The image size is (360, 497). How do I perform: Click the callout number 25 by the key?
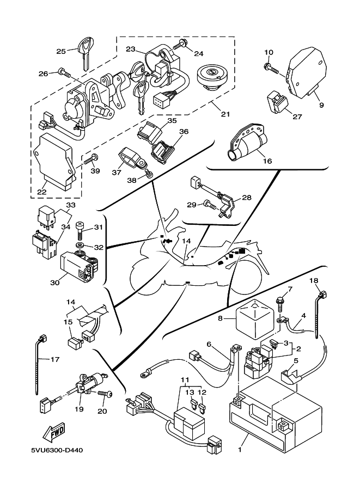pos(60,51)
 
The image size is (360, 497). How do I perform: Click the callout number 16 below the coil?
pos(266,162)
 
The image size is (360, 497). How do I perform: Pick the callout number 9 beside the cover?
pos(321,105)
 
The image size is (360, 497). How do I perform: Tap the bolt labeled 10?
pos(272,69)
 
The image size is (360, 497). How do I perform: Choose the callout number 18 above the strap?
pos(314,281)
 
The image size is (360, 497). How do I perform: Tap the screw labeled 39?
pos(90,159)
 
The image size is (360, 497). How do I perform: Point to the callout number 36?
pos(184,131)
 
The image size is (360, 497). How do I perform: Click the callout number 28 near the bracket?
pos(246,197)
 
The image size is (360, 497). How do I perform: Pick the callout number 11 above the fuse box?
pos(185,379)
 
